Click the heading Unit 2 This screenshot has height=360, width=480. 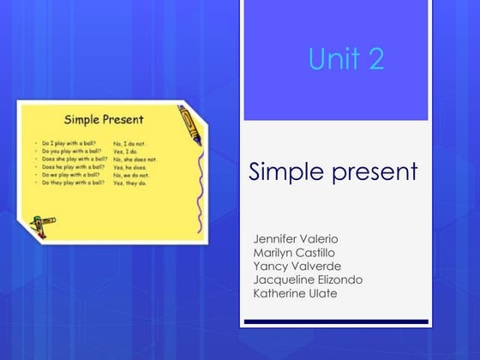pyautogui.click(x=345, y=59)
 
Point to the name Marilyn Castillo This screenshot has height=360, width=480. pyautogui.click(x=294, y=252)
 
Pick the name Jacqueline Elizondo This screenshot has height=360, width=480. pyautogui.click(x=308, y=279)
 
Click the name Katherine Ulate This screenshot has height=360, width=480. pyautogui.click(x=295, y=293)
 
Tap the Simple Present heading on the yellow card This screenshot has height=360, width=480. pyautogui.click(x=104, y=119)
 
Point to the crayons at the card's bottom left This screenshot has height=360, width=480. pyautogui.click(x=39, y=223)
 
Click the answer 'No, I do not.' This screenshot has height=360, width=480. pyautogui.click(x=130, y=143)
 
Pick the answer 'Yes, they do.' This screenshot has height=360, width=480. pyautogui.click(x=130, y=183)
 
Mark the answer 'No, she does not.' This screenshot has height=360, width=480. pyautogui.click(x=135, y=159)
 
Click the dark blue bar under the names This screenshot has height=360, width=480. pyautogui.click(x=335, y=321)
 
